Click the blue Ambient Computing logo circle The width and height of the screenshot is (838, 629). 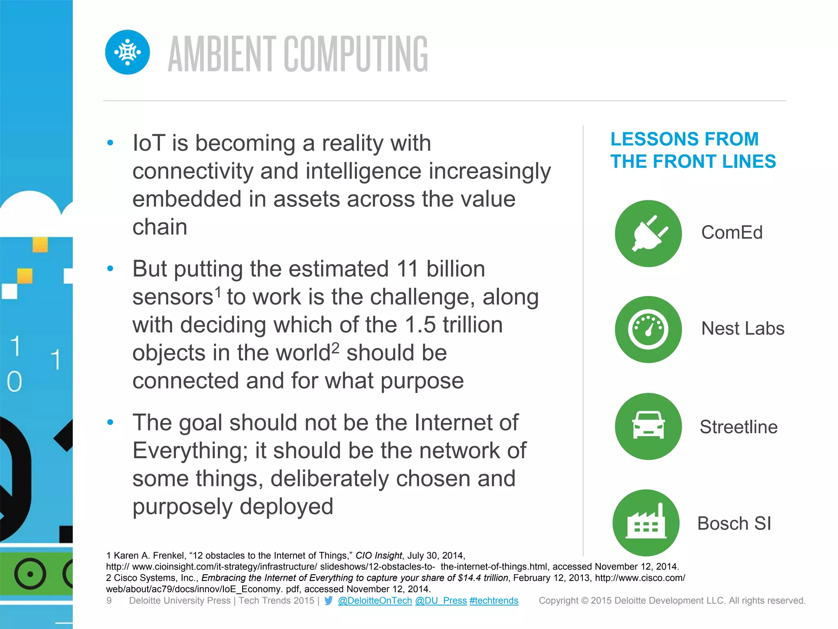(127, 52)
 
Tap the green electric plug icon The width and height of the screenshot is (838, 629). (648, 233)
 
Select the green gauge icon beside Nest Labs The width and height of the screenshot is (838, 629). (648, 330)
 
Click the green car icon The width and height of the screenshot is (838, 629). (648, 426)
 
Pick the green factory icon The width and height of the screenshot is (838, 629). (646, 523)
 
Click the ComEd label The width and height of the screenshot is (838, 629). (732, 233)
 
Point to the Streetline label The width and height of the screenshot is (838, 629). (738, 427)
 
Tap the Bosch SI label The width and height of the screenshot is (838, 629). (734, 523)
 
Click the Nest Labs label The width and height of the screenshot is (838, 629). (743, 328)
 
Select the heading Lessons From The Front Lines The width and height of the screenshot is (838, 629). (693, 150)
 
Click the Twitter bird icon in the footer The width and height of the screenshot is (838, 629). (329, 601)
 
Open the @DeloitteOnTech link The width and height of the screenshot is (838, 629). (375, 601)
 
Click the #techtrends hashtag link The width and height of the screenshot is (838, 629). (494, 601)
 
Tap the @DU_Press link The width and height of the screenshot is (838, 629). (441, 601)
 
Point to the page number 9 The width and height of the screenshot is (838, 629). (109, 601)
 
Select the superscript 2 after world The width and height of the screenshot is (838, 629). (336, 348)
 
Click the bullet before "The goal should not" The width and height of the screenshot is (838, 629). (110, 422)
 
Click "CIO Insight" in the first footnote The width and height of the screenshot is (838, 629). (378, 556)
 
